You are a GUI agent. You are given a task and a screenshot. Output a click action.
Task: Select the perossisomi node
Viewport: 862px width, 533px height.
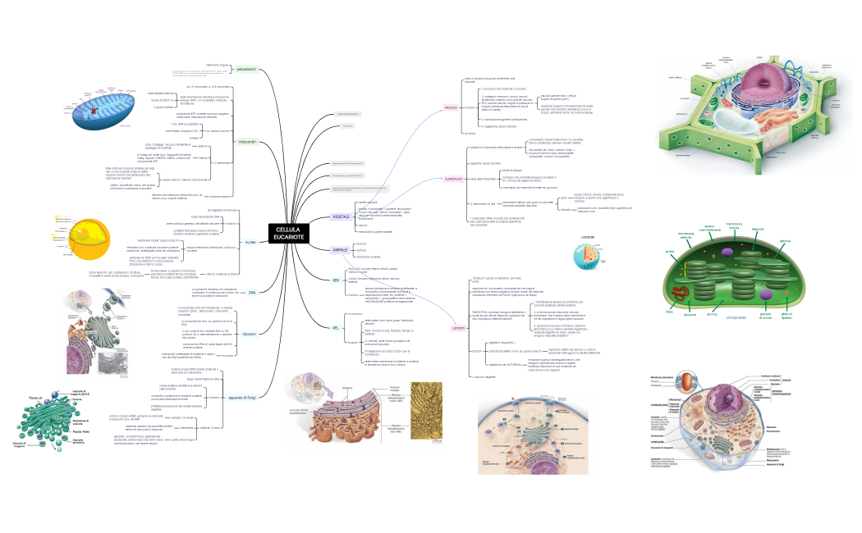coord(247,70)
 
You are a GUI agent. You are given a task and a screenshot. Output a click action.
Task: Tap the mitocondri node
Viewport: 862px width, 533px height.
coord(247,142)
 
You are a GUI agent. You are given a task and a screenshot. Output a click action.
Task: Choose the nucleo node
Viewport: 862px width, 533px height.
coord(251,242)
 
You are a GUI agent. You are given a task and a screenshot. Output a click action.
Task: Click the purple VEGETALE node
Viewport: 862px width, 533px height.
coord(341,216)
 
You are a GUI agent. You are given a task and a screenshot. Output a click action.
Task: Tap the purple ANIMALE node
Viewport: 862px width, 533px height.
coord(341,248)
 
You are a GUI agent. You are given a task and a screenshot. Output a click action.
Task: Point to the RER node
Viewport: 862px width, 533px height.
coord(335,280)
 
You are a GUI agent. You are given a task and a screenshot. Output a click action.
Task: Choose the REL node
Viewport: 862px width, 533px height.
coord(335,328)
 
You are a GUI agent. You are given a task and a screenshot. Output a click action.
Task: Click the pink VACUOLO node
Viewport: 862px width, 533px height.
coord(451,107)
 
